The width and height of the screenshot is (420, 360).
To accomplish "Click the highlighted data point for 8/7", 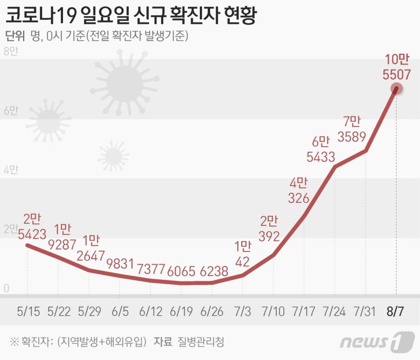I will pos(397,89).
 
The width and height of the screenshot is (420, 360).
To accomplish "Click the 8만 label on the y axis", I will pos(11,52).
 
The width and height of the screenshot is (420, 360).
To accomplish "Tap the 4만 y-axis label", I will pos(11,170).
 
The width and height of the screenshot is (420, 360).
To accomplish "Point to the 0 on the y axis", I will pos(7,288).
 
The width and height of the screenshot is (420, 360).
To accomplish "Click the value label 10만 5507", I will pos(397,67).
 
